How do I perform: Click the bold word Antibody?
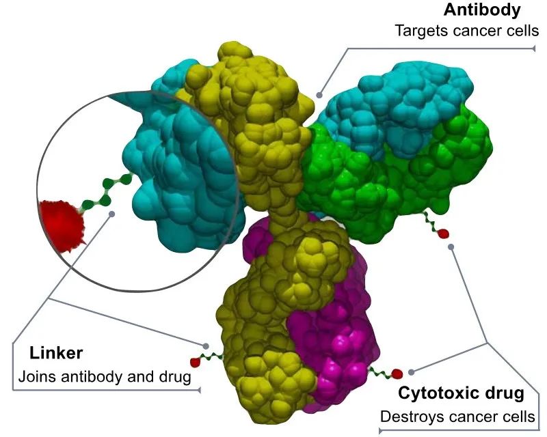(x=482, y=10)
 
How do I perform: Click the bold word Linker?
(x=56, y=353)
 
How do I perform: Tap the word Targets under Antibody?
(x=421, y=31)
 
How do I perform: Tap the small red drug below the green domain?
(x=442, y=234)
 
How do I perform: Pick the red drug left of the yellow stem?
(x=194, y=362)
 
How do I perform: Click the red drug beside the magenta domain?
(x=397, y=374)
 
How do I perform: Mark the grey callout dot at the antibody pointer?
(x=319, y=95)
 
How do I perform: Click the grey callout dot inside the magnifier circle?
(x=111, y=214)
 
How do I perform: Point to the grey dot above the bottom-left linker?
(x=206, y=346)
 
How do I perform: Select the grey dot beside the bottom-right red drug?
(x=412, y=372)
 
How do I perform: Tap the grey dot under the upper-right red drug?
(x=451, y=246)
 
